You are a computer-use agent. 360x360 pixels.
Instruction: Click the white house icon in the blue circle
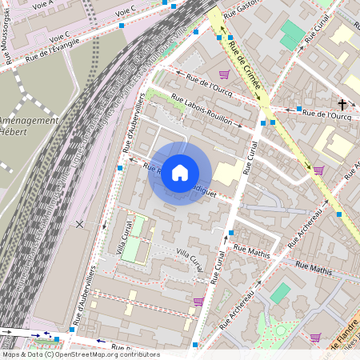[180, 172]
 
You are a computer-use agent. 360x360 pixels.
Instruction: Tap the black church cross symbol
[342, 105]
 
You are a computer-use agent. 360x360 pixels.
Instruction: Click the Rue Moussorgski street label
[8, 31]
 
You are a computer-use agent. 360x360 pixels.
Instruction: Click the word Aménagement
[30, 121]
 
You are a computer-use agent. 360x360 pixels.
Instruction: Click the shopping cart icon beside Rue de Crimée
[225, 74]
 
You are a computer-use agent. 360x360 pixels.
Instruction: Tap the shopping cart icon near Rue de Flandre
[315, 337]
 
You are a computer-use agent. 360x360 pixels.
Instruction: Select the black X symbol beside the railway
[78, 223]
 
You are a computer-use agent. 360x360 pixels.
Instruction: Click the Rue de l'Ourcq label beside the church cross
[324, 114]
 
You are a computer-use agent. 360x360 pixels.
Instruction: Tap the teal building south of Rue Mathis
[281, 293]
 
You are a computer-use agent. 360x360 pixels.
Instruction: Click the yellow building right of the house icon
[229, 173]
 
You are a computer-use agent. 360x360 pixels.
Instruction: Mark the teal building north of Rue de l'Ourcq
[292, 34]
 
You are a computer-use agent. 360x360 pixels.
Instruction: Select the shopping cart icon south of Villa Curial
[198, 302]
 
